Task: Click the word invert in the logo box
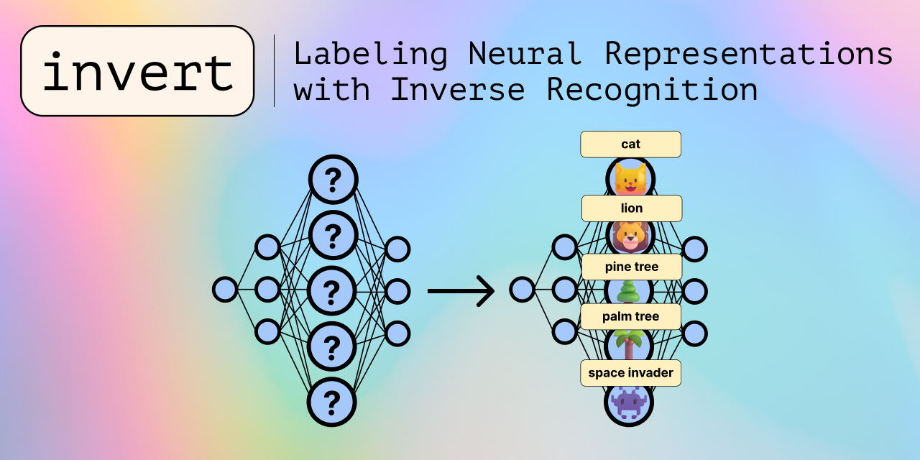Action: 138,72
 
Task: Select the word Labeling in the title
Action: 370,54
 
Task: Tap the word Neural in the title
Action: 525,54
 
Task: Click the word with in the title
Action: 331,90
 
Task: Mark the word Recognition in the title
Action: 652,90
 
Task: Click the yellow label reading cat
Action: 630,144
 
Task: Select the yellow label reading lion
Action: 631,208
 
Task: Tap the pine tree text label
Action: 631,267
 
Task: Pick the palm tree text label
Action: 630,316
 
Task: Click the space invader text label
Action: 630,373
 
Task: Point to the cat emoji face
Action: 630,179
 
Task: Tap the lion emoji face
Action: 630,236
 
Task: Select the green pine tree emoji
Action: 630,291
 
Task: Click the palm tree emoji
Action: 630,344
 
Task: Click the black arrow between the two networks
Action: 461,291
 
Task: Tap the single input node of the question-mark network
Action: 225,290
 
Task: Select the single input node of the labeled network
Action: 523,290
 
